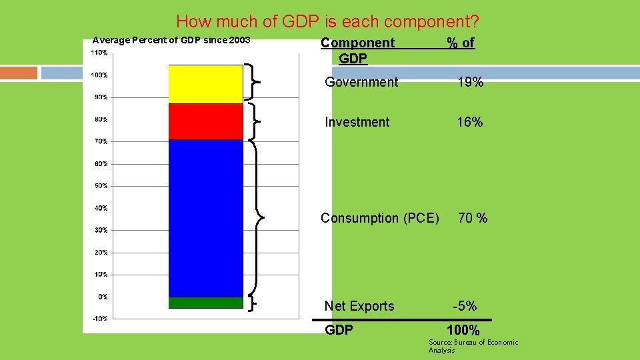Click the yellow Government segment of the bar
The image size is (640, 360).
(x=206, y=84)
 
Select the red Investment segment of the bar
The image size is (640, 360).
(x=206, y=121)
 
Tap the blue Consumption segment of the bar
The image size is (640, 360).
(x=206, y=218)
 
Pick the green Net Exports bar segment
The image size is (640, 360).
(x=206, y=303)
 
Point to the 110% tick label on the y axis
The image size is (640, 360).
(x=100, y=52)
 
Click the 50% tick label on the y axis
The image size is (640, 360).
(x=101, y=186)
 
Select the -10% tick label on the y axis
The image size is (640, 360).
(x=100, y=319)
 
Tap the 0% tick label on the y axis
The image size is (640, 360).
(x=103, y=297)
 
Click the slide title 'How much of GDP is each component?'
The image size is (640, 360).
(x=327, y=21)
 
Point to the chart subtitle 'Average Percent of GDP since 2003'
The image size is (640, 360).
(x=171, y=40)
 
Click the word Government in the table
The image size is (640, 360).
(x=361, y=82)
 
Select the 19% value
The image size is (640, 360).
(x=470, y=82)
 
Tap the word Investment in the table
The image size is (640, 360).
(x=357, y=122)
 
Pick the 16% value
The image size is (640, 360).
(x=470, y=122)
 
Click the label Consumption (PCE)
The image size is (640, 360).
(x=380, y=218)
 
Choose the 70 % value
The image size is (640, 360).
(x=473, y=218)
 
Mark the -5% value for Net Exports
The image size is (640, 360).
(x=465, y=306)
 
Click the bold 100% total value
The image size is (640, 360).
(x=463, y=330)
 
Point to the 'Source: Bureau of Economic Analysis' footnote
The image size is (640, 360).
(x=473, y=346)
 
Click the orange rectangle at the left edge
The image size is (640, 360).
(x=19, y=73)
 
